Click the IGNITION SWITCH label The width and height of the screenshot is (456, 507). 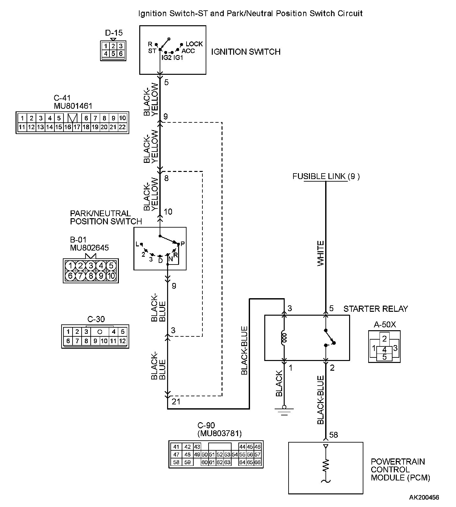245,52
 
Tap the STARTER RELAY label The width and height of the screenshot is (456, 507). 376,309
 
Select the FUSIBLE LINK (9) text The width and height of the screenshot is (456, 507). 326,176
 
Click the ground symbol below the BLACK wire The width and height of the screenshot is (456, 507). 284,410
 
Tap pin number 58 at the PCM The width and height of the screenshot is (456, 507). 334,435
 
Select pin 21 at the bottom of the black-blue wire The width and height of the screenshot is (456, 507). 176,402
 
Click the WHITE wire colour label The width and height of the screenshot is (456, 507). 321,253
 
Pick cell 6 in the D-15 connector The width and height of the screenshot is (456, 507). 120,54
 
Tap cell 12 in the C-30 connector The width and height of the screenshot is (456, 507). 122,341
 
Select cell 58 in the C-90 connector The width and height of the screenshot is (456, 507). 176,462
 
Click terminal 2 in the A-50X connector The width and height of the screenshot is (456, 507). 384,339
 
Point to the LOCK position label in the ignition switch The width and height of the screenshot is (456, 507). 194,44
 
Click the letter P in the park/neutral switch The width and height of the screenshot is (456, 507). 183,244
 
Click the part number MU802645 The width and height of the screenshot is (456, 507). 89,248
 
